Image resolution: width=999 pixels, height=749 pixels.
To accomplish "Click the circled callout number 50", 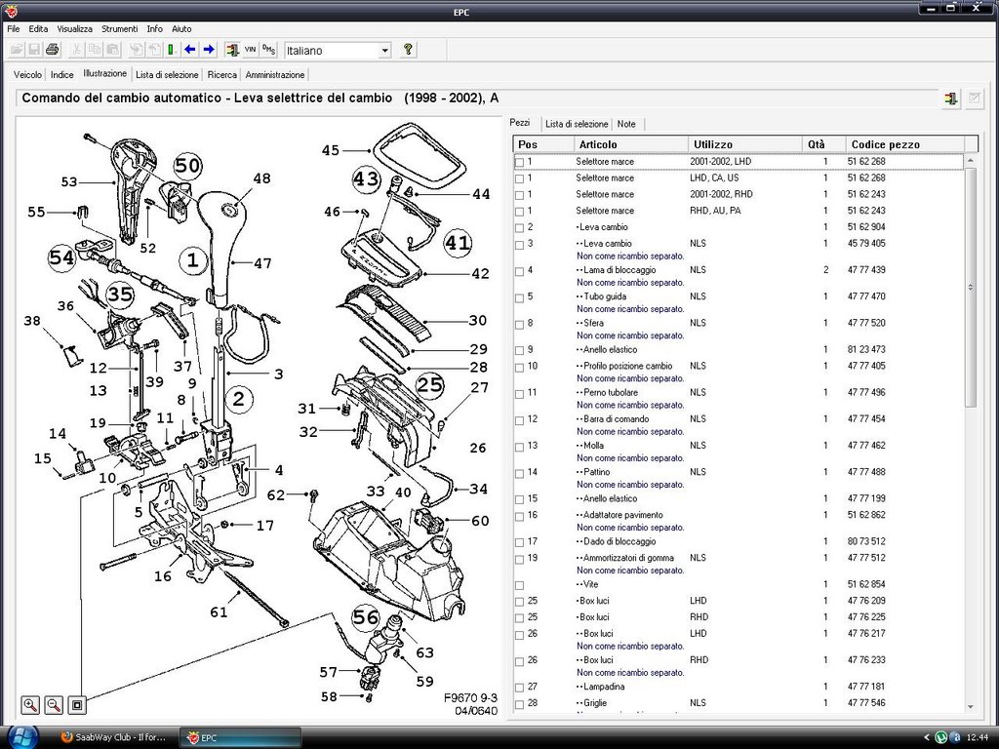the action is (187, 166).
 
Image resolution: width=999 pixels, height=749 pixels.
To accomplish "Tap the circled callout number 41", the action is (458, 242).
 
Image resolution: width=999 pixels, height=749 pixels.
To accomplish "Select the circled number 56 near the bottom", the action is (366, 616).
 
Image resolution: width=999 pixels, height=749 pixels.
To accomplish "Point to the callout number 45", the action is (331, 150).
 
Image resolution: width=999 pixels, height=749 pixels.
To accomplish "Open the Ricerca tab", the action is (221, 74).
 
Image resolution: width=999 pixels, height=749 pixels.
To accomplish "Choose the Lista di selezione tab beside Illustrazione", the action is (167, 74).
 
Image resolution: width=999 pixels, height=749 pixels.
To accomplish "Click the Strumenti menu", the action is (120, 28).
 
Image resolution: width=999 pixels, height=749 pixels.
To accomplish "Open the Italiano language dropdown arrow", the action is (384, 51).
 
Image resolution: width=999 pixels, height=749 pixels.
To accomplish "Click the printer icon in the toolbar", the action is (53, 50).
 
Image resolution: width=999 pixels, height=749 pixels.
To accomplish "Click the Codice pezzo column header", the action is (885, 144).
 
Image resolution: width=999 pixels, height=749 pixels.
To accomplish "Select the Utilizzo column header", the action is (713, 144).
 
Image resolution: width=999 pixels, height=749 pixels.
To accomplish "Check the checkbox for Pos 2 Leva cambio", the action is (519, 227).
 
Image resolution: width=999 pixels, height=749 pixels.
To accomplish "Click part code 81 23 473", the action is (866, 350).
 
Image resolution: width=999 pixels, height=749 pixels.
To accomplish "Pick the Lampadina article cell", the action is (603, 687).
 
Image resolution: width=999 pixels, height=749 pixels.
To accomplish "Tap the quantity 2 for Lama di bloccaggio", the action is (825, 270).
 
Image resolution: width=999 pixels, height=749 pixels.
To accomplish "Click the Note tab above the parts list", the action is (626, 124).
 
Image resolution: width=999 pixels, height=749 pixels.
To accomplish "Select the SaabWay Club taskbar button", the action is (113, 737).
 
